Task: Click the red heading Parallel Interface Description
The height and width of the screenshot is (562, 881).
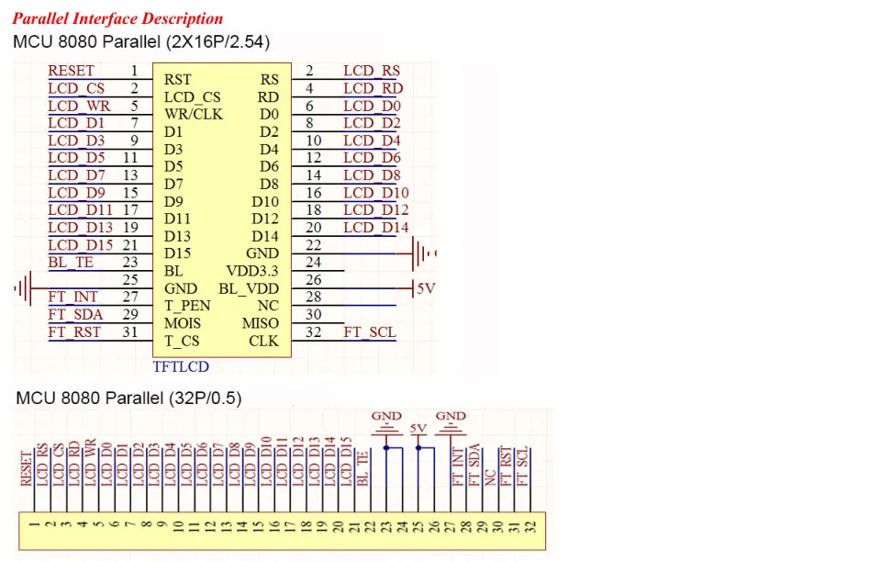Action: (117, 18)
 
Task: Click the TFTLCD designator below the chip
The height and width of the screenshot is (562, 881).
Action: (181, 367)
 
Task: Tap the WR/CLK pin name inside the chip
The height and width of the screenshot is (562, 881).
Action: (194, 115)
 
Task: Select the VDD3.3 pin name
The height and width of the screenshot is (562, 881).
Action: (252, 271)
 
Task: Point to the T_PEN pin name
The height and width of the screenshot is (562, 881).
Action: (187, 306)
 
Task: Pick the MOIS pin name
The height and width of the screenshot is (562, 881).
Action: (183, 323)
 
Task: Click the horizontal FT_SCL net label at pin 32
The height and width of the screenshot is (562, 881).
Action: (370, 332)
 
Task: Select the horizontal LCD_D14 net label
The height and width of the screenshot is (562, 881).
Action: (376, 228)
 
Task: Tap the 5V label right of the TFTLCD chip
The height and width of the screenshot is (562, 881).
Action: (425, 288)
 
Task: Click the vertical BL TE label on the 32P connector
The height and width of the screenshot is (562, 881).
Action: (362, 469)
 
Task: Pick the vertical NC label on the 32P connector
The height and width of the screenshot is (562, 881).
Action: (490, 477)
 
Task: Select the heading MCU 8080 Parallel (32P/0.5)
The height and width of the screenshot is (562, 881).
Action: (128, 399)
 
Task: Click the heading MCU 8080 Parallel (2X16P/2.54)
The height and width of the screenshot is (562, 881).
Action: (140, 42)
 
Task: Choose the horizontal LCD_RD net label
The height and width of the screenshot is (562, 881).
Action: (373, 89)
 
